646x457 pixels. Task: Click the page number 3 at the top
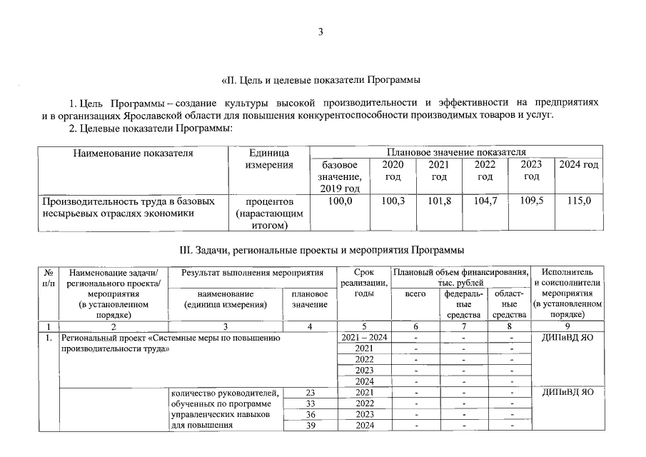pos(321,31)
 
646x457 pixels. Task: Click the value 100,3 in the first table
pos(393,201)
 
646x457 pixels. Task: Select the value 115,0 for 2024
pos(578,201)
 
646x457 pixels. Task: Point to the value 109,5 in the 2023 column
pos(532,201)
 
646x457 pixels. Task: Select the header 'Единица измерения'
pos(268,159)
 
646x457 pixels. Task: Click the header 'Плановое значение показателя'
pos(455,152)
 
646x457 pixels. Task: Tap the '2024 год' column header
pos(578,165)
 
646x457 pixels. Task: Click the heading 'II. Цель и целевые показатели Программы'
pos(321,79)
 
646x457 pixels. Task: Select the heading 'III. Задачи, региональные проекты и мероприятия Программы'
pos(321,250)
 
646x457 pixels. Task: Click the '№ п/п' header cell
pos(48,277)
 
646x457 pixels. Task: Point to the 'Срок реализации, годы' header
pos(363,283)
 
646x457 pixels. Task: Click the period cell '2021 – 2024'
pos(363,336)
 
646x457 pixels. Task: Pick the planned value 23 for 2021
pos(310,392)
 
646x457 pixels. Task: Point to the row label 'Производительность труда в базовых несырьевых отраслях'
pos(128,207)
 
